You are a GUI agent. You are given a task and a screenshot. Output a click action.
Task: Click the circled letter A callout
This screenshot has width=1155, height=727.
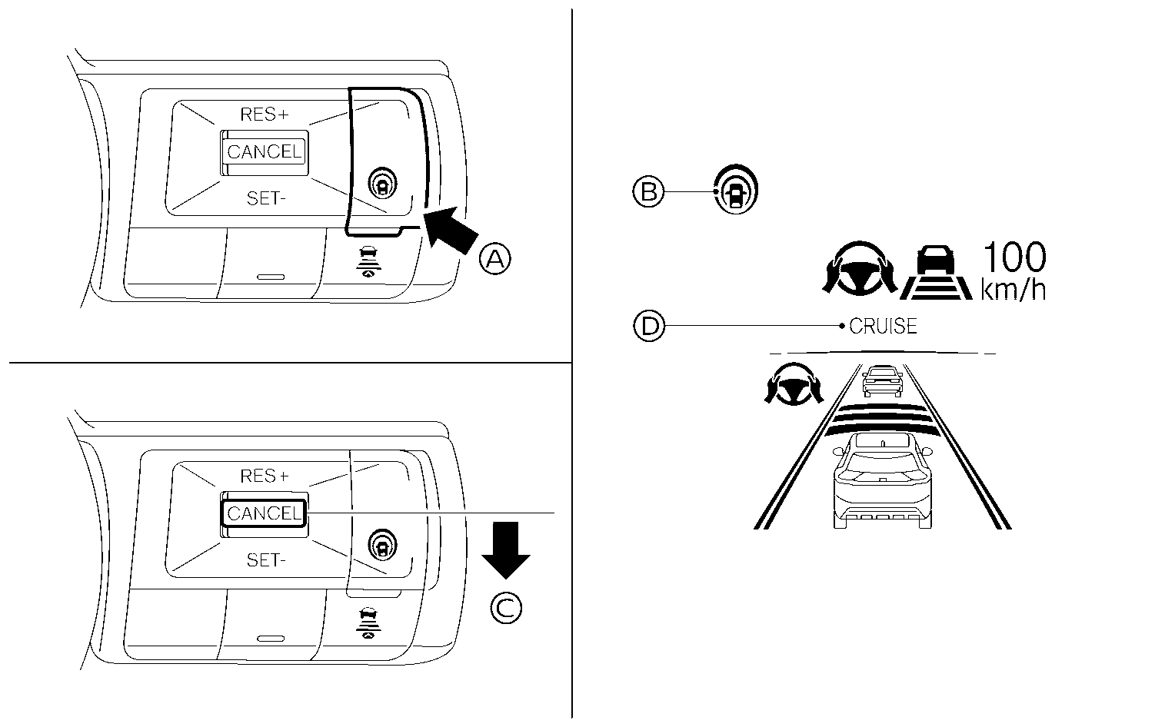494,259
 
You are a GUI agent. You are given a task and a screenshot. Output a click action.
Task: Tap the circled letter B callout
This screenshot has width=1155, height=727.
648,190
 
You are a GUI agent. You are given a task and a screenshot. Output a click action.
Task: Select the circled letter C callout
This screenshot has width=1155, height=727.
506,609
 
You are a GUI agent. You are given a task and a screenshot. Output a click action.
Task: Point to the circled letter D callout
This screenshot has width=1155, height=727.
648,326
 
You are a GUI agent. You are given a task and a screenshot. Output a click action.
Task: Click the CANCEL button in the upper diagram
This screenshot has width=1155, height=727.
264,151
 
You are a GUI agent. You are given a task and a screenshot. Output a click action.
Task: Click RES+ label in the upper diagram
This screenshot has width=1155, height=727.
264,115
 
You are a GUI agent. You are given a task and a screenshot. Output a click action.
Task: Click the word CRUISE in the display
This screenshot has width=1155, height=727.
883,326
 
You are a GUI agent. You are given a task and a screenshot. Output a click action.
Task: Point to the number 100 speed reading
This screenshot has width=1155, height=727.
1014,258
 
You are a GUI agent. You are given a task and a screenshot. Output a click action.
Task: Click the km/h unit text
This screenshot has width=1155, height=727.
1013,290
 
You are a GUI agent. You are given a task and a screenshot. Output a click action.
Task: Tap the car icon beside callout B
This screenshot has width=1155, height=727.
736,188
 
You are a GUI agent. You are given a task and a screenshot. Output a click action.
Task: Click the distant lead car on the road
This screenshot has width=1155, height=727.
881,379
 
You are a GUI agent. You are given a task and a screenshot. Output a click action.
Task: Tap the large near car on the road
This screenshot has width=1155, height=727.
881,480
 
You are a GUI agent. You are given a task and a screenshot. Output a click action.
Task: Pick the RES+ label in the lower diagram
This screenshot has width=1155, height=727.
264,476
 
